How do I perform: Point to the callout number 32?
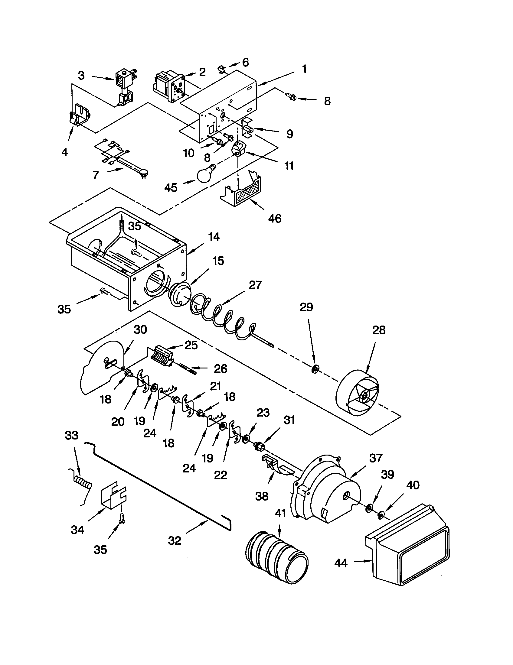click(175, 541)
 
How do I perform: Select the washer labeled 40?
click(380, 515)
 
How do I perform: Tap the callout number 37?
click(375, 458)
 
